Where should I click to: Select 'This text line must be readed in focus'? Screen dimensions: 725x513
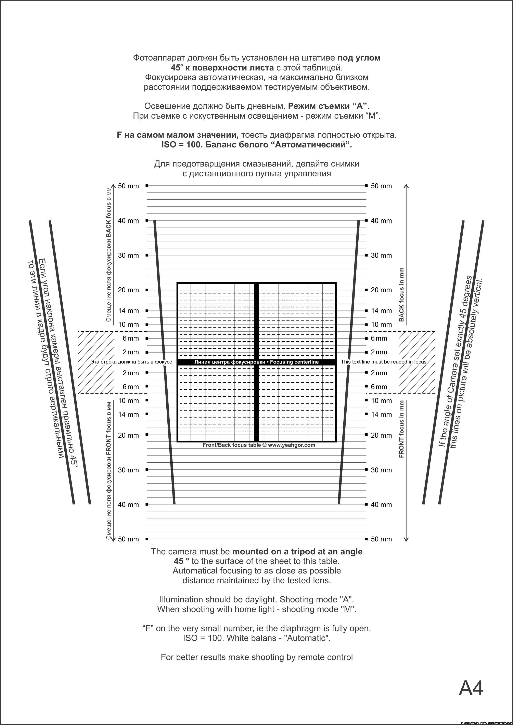[384, 362]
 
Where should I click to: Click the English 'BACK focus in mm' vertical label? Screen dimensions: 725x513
[401, 295]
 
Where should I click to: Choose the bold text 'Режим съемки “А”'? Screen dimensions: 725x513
[329, 106]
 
